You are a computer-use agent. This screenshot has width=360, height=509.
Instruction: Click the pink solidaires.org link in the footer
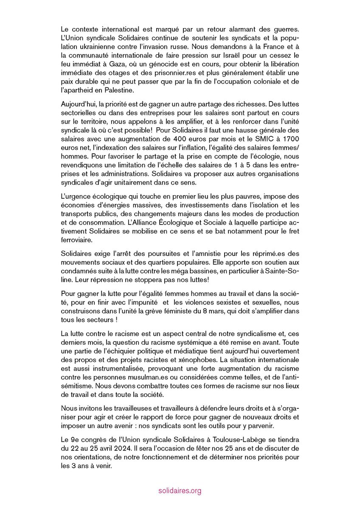[179, 491]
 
